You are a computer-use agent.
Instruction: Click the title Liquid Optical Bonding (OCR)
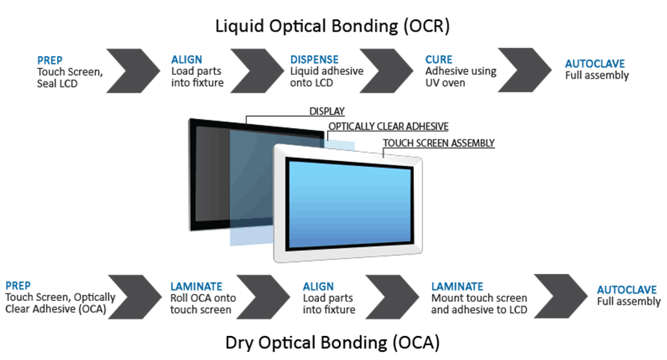point(332,26)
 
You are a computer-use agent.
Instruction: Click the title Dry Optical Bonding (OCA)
point(332,343)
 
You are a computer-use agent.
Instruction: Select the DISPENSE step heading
point(314,60)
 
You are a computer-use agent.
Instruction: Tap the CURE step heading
point(439,60)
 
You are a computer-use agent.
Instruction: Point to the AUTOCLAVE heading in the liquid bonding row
point(594,64)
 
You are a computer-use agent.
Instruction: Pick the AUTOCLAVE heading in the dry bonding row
point(627,290)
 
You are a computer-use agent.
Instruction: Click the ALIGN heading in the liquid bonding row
point(186,60)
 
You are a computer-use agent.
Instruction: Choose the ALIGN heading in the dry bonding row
point(318,287)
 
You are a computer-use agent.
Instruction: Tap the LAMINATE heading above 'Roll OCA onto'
point(196,287)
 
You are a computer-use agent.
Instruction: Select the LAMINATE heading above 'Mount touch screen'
point(457,287)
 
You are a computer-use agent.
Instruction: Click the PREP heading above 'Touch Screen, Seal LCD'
point(49,61)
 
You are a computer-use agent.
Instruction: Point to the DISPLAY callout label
point(326,112)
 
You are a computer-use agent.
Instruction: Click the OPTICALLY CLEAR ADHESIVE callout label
point(389,126)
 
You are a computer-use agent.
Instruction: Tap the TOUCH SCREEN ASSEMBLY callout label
point(439,144)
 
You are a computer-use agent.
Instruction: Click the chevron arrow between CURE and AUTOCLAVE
point(525,70)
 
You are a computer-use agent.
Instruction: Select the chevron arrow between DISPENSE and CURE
point(386,70)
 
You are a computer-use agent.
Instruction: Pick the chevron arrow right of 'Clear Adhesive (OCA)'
point(135,297)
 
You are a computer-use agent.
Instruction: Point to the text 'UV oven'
point(445,83)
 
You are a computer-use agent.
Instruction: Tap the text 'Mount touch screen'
point(479,298)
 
